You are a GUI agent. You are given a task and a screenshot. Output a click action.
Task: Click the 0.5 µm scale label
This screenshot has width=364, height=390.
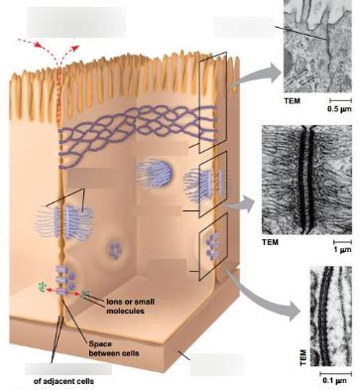pos(338,109)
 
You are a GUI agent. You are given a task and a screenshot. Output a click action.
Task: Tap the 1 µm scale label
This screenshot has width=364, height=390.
pos(341,250)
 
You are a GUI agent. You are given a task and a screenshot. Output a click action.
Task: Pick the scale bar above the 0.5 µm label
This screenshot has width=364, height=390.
pos(338,100)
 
